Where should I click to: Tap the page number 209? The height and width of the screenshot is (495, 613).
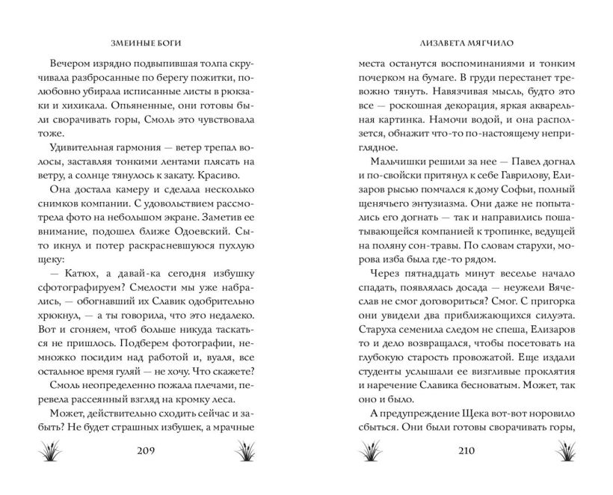click(151, 451)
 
